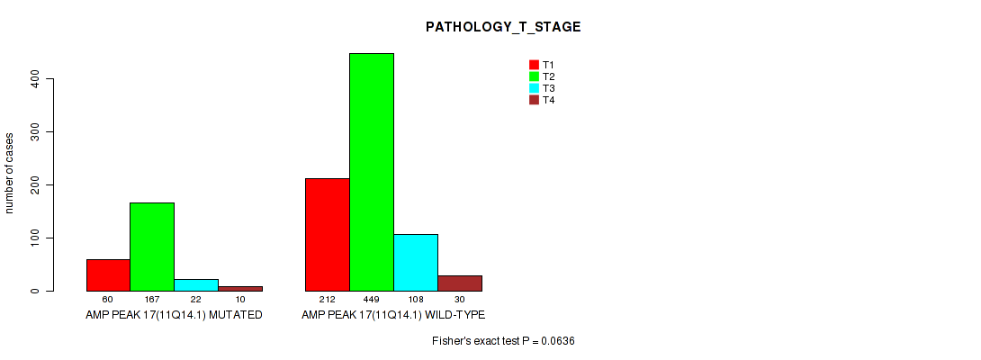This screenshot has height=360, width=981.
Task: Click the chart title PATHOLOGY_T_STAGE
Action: pyautogui.click(x=503, y=27)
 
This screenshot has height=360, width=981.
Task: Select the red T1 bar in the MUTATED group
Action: pyautogui.click(x=108, y=275)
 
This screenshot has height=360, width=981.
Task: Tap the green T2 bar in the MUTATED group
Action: pyautogui.click(x=152, y=247)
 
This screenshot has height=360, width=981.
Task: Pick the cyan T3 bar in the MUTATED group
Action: pyautogui.click(x=196, y=285)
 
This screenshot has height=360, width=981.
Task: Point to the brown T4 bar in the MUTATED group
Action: pyautogui.click(x=240, y=289)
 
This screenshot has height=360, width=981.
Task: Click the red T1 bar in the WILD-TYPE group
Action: pyautogui.click(x=328, y=235)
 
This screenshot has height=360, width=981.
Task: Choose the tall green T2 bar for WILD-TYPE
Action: pyautogui.click(x=372, y=172)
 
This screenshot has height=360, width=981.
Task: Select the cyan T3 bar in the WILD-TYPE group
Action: pyautogui.click(x=416, y=262)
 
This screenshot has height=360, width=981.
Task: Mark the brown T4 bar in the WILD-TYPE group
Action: pyautogui.click(x=460, y=283)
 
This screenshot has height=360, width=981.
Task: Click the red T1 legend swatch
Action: pyautogui.click(x=535, y=65)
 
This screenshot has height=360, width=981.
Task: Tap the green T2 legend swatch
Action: pyautogui.click(x=535, y=76)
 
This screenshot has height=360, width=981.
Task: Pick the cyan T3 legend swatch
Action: pyautogui.click(x=535, y=88)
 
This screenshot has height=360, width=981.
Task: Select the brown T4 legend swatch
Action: pyautogui.click(x=535, y=100)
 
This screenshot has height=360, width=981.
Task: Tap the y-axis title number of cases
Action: pyautogui.click(x=9, y=173)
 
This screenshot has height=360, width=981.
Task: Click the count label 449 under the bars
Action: pyautogui.click(x=372, y=300)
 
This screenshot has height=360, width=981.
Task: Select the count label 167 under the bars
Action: pyautogui.click(x=152, y=300)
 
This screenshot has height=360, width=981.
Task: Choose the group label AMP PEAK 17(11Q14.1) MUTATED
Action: pyautogui.click(x=174, y=315)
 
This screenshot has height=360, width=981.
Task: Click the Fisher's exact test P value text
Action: pyautogui.click(x=503, y=341)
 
